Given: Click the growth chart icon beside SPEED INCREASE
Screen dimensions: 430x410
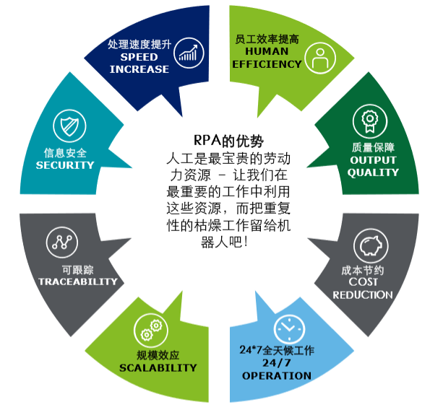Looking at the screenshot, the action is (189, 53).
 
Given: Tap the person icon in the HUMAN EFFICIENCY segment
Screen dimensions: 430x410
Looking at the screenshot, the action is (320, 58).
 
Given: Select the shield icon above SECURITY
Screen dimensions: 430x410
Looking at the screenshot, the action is (69, 126).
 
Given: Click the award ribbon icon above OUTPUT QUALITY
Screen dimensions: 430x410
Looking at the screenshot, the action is (370, 121).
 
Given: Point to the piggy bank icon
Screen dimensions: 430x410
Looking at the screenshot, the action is (371, 245).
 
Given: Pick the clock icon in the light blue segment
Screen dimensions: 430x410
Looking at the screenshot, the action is (289, 329).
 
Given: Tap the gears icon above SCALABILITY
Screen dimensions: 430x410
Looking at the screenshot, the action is (151, 330).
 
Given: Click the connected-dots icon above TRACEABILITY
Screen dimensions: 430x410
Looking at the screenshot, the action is (62, 243).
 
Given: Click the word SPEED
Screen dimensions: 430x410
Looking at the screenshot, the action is (139, 57).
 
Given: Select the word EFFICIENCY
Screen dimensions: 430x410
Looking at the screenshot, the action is (267, 64).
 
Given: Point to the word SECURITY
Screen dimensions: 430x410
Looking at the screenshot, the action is (65, 165).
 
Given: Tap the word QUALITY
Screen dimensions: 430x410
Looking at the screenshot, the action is (373, 173).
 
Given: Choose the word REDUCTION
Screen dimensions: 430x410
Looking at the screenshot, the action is (363, 295).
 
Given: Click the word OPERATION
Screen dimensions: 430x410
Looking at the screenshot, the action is (276, 375).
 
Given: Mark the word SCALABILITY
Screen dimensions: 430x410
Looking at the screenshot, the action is (158, 367).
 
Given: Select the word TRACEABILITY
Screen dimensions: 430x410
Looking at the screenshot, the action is (78, 282).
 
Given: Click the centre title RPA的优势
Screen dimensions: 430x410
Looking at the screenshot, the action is (228, 141).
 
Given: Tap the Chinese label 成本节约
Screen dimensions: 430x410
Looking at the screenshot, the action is (363, 270).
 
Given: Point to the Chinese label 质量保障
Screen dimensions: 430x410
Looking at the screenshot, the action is (373, 147).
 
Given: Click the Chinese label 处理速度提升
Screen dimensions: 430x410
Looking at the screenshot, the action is (139, 44).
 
